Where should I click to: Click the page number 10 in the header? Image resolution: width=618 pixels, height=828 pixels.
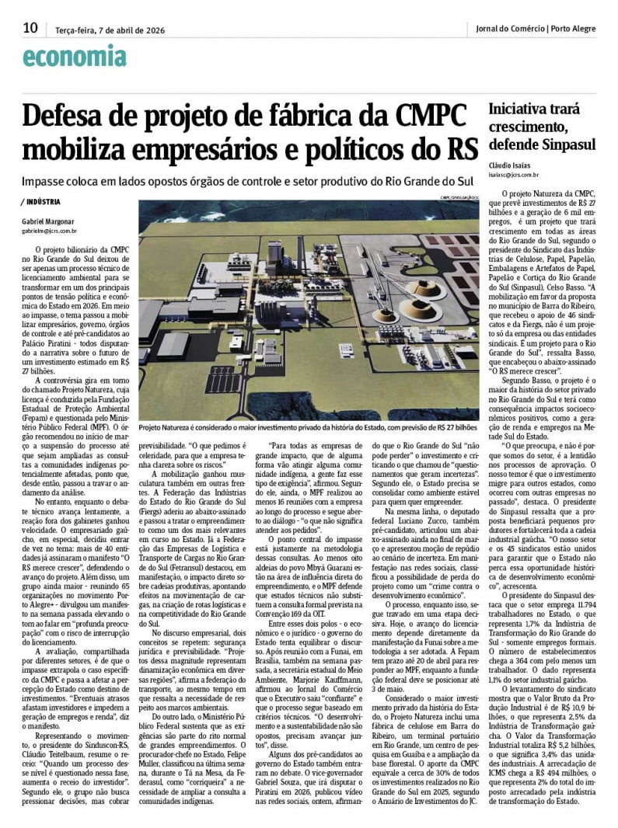click(30, 28)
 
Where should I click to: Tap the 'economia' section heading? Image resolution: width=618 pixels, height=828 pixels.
click(75, 57)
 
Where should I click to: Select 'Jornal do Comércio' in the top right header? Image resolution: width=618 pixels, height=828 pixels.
click(510, 30)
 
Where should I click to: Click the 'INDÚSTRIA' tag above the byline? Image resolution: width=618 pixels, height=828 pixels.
click(44, 202)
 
